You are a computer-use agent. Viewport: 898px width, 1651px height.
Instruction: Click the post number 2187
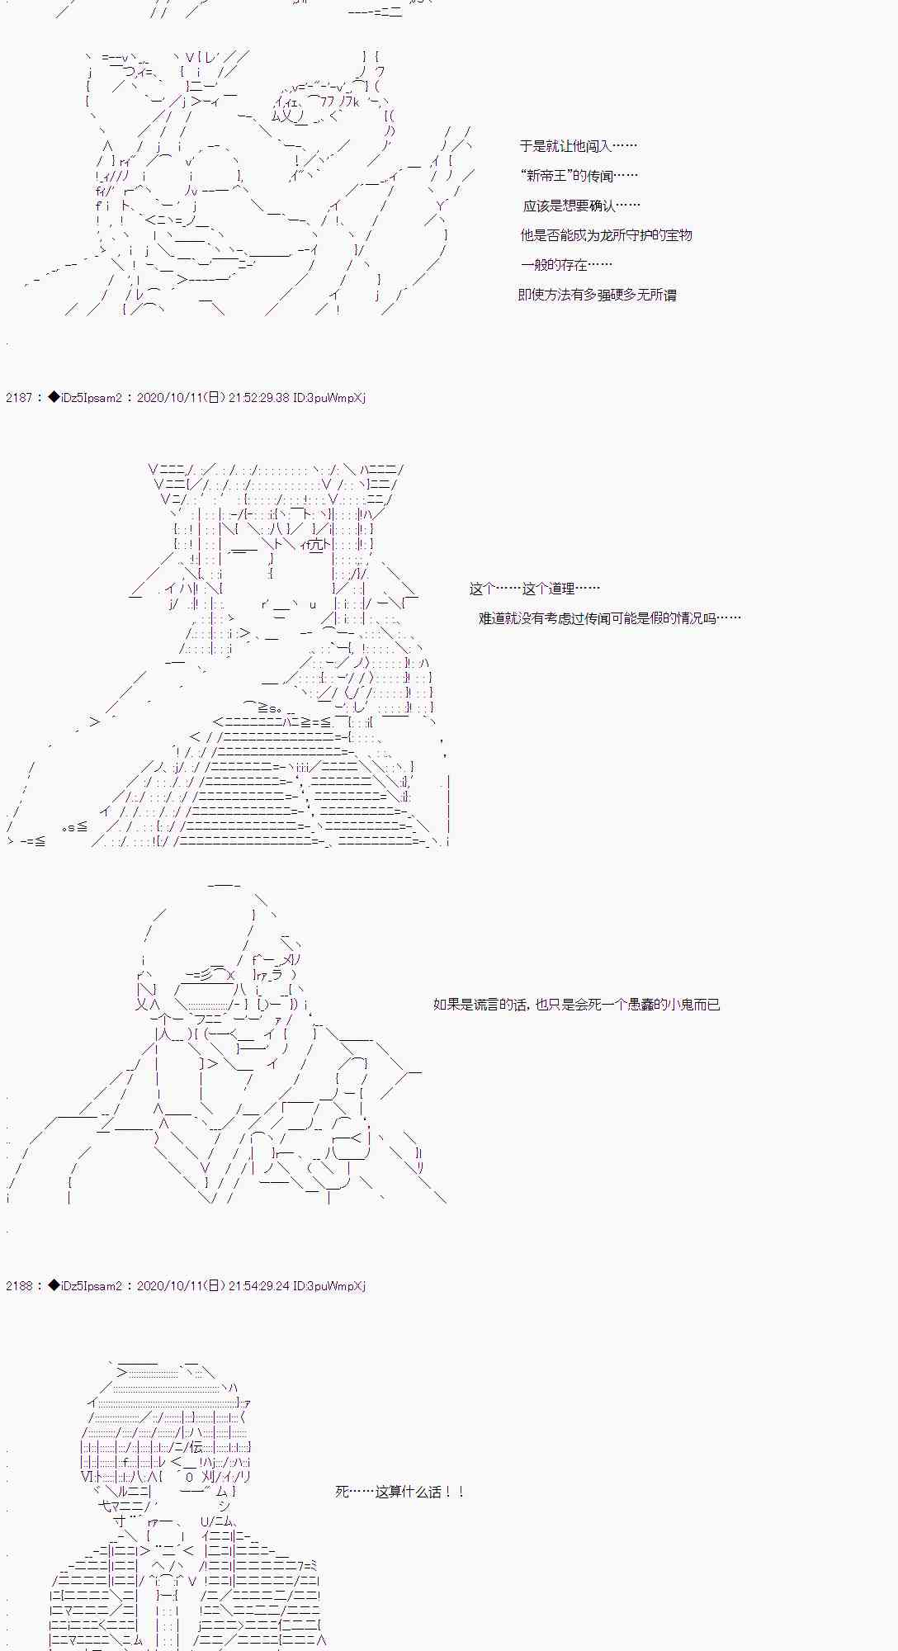18,398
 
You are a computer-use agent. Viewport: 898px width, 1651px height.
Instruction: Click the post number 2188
18,1286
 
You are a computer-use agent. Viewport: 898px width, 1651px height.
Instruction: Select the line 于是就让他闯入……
578,146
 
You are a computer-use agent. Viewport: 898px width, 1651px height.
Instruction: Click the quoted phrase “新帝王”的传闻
579,176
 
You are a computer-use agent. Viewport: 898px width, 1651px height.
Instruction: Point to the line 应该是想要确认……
581,206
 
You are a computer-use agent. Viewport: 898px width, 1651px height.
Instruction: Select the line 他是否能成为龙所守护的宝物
606,235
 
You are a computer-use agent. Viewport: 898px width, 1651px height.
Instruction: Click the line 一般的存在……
566,265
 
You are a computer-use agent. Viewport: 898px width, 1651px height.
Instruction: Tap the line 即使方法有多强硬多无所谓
597,295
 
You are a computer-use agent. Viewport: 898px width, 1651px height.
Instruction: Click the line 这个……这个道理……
534,589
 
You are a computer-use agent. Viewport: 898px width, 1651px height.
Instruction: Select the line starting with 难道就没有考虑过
609,618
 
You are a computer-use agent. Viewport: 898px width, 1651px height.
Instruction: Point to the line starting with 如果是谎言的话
576,1005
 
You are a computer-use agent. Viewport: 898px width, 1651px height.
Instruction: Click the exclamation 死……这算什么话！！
400,1492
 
